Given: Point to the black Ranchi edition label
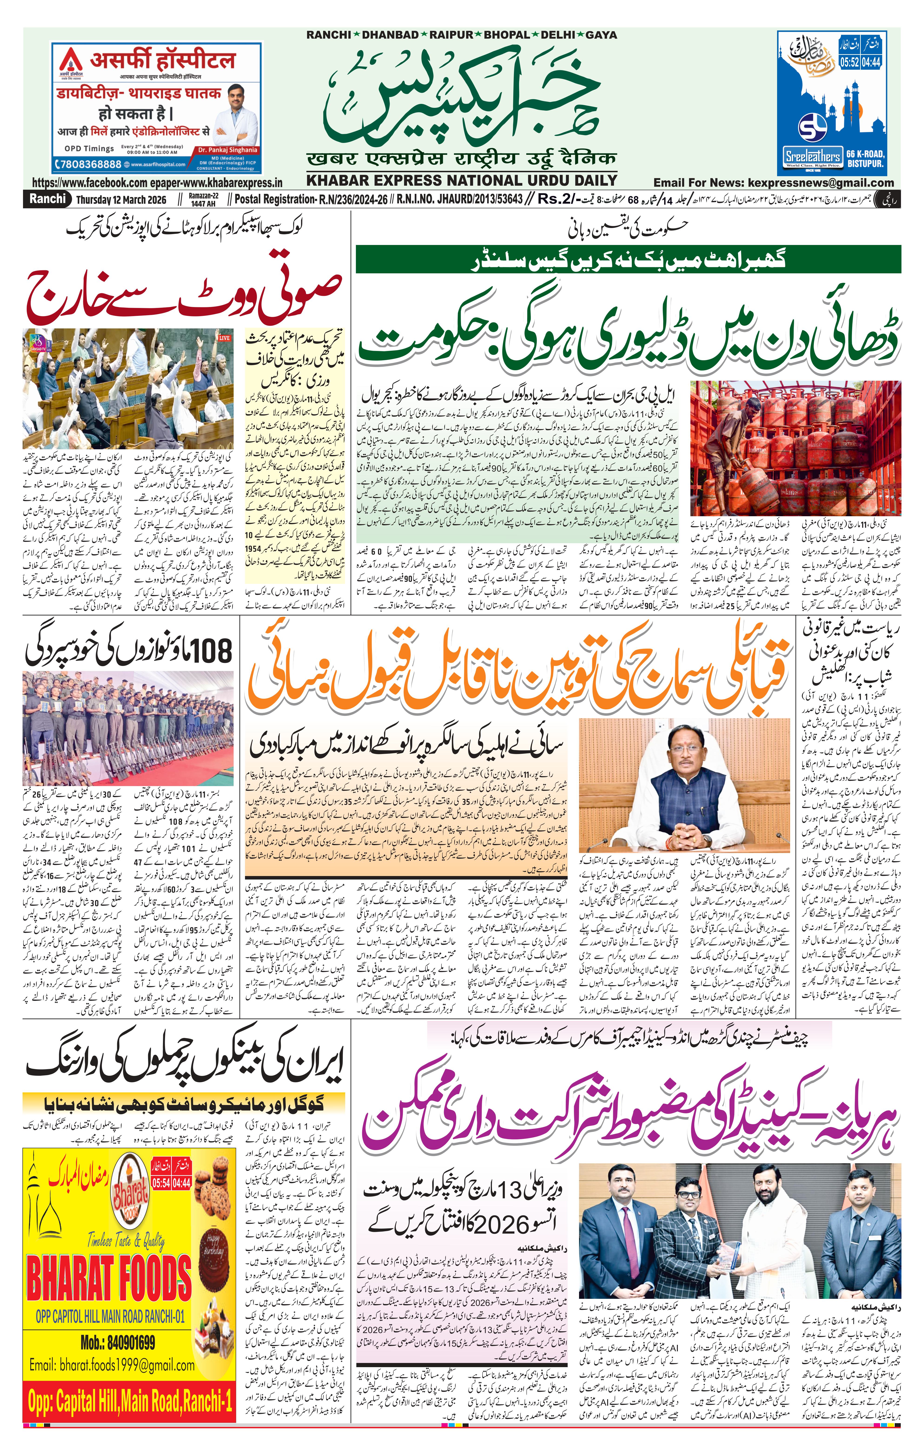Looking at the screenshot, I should [x=48, y=199].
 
